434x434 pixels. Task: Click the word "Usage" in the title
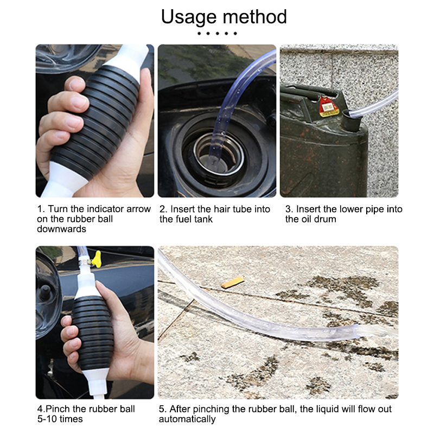(x=189, y=17)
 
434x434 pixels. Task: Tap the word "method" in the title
(x=255, y=17)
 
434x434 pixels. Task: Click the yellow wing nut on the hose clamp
(x=97, y=259)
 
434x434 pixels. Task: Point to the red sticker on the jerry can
(x=328, y=107)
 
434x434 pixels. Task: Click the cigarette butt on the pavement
(x=233, y=283)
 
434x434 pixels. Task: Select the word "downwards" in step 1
(x=61, y=229)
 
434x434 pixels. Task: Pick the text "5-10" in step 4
(x=47, y=419)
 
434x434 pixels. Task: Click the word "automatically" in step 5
(x=187, y=419)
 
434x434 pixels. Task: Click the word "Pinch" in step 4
(x=58, y=409)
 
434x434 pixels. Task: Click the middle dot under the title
(x=218, y=34)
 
